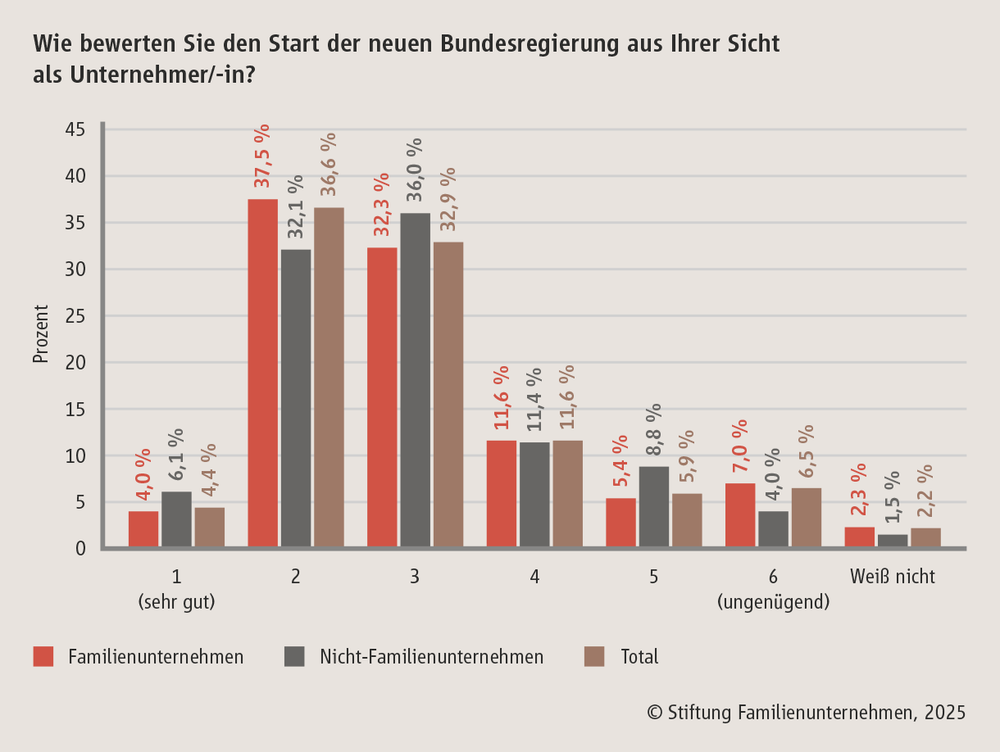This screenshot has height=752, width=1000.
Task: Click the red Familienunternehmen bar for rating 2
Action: pos(262,373)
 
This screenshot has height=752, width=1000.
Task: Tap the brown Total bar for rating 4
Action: pos(567,493)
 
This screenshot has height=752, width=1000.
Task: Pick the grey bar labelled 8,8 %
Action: pos(653,506)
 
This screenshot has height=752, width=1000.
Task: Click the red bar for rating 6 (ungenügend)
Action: pos(740,514)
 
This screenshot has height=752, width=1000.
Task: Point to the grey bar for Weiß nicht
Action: pos(893,541)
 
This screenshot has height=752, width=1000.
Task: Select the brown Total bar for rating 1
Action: pos(210,527)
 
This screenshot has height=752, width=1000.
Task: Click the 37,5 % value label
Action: pos(262,160)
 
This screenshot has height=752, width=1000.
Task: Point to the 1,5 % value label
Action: pos(893,497)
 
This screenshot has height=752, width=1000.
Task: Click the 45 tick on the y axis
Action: pos(75,130)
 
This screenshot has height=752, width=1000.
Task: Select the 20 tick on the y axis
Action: pos(75,363)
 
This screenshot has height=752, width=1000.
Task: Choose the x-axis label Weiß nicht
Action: pos(893,577)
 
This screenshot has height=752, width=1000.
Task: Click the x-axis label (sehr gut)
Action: pos(176,603)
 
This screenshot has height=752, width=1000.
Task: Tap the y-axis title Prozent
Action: pos(41,334)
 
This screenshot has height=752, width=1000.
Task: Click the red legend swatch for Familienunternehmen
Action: pos(43,656)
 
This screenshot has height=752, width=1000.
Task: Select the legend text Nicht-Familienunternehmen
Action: pos(431,656)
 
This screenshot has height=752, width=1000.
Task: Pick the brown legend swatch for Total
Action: pos(594,656)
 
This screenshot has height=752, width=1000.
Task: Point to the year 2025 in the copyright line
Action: pos(944,712)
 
